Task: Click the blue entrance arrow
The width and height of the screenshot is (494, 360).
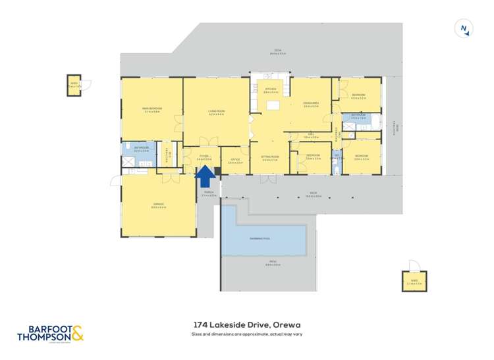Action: pos(205,175)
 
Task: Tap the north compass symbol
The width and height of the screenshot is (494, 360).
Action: pos(465,28)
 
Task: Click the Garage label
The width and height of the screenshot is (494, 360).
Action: pos(158,205)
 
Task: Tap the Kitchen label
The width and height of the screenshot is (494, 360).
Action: pos(270,90)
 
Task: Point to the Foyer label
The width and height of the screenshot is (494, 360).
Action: pos(204,157)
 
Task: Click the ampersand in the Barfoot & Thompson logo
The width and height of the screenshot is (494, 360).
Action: pos(77,334)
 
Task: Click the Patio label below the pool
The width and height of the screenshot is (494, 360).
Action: pos(268,265)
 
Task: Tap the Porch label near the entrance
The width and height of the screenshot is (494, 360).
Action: pos(208,193)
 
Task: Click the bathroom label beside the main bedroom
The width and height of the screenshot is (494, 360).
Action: pos(142,148)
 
